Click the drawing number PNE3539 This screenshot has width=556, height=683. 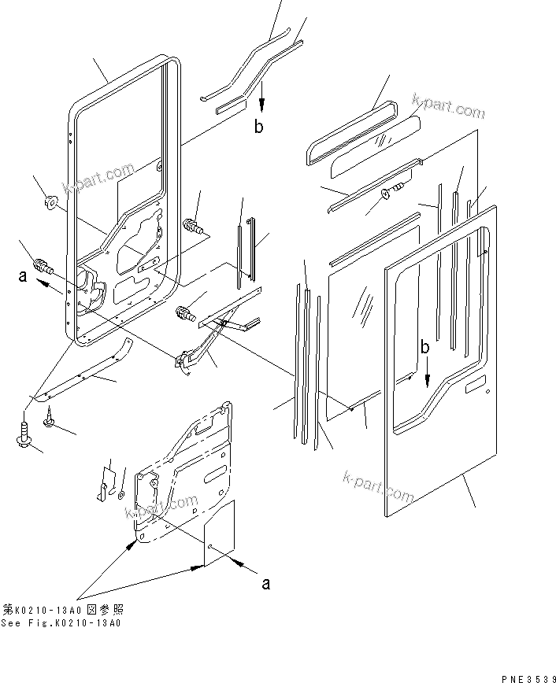pos(528,676)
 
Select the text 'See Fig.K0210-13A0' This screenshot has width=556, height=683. pos(61,623)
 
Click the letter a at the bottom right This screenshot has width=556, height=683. pos(266,583)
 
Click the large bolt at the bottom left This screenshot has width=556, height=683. pos(25,435)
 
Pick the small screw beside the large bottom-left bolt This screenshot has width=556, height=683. pos(50,421)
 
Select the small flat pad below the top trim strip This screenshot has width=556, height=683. pos(231,105)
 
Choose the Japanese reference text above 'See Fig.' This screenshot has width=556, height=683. pos(63,610)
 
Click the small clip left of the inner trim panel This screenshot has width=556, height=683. pos(103,492)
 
